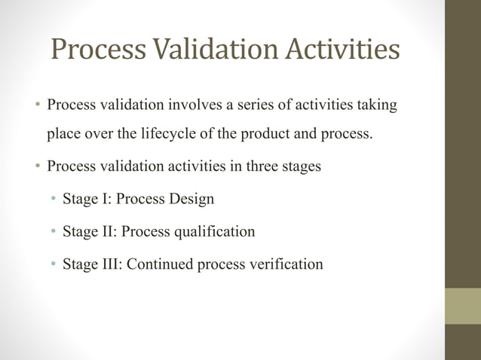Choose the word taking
(x=376, y=105)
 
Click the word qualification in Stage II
(x=214, y=232)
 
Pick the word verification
(x=283, y=264)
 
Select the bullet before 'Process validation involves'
(x=36, y=105)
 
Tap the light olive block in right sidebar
(x=463, y=306)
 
